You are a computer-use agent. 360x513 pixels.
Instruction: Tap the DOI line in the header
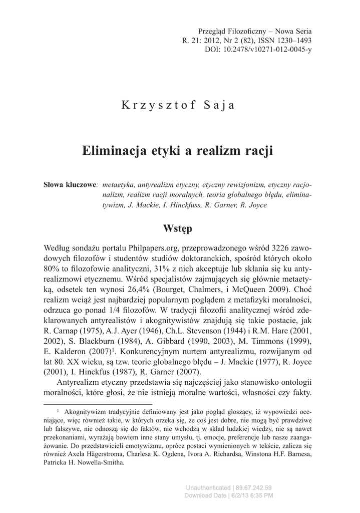[258, 50]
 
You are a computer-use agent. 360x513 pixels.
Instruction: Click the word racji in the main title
[259, 150]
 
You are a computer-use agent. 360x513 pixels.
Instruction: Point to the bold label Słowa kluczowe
[71, 185]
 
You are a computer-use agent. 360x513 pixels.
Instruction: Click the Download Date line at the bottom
[229, 495]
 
